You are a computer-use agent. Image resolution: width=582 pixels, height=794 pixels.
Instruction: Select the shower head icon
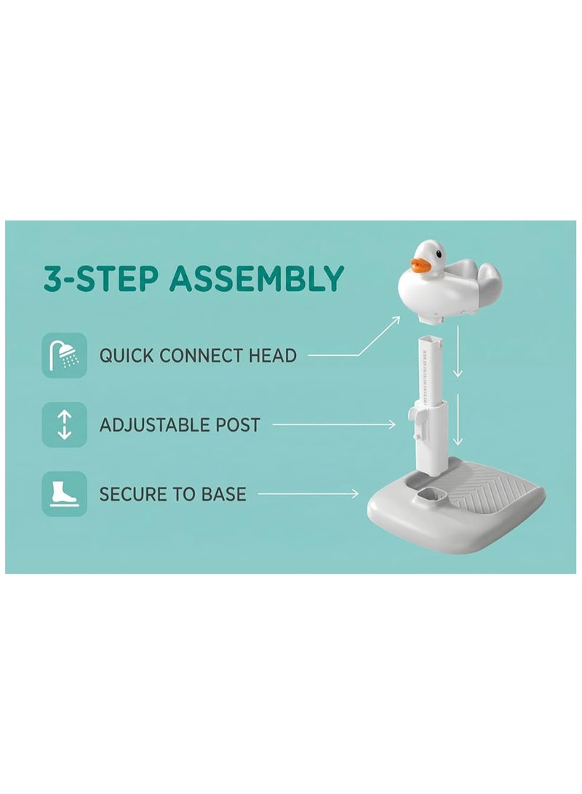click(64, 355)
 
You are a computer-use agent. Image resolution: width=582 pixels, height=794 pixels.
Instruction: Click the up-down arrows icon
click(64, 424)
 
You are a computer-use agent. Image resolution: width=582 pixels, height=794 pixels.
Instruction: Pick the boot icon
click(64, 493)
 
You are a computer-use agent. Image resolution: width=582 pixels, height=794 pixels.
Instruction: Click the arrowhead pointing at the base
click(355, 493)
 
